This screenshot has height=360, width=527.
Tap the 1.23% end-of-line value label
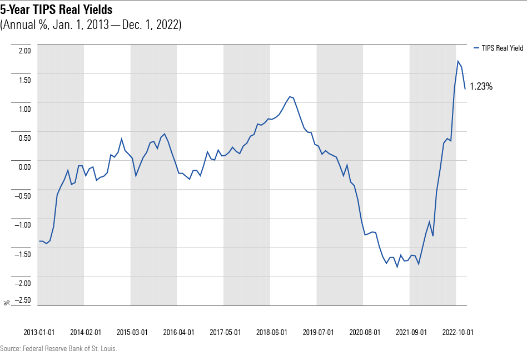481,86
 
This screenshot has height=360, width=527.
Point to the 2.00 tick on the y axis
24,51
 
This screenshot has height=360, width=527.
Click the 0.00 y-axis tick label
24,167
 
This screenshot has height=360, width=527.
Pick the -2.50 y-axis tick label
23,301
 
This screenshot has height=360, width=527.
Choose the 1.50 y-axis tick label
24,80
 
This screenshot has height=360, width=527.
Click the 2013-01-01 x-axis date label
39,332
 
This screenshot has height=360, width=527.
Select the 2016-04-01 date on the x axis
178,332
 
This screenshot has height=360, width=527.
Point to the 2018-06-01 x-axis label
272,332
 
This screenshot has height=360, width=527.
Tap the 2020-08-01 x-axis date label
365,332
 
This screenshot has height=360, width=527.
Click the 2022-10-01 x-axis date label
458,332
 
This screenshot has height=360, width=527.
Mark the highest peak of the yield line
458,61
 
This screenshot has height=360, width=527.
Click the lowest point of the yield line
397,267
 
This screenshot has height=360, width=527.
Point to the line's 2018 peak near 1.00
290,97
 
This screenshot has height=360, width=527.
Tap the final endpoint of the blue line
465,88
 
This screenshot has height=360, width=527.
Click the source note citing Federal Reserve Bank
58,349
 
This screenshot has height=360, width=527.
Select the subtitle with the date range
91,25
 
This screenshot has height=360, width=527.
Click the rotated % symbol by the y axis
7,303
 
